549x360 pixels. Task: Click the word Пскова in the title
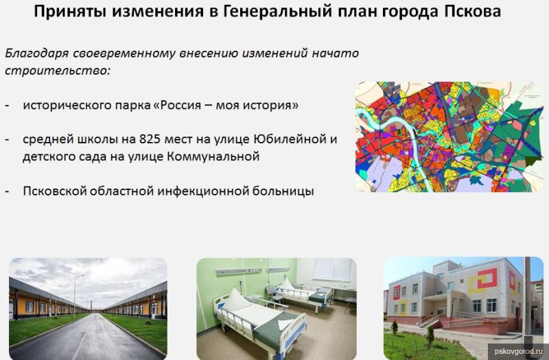pos(473,11)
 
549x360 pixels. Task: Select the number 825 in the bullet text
pos(150,139)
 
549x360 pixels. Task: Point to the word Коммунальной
pos(213,156)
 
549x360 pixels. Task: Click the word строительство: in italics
pos(58,71)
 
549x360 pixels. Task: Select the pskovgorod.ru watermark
pos(518,350)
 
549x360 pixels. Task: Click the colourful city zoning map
pos(449,136)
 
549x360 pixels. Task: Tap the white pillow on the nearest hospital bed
pos(237,301)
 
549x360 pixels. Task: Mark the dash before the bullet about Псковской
pos(8,192)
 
